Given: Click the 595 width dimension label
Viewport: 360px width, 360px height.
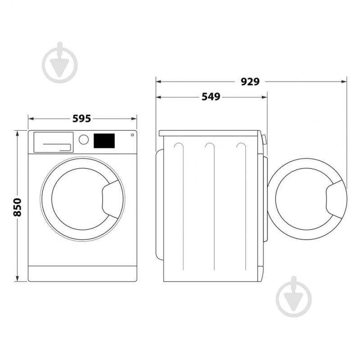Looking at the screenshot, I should pyautogui.click(x=82, y=118).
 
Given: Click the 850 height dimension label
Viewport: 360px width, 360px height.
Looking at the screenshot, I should pyautogui.click(x=18, y=207).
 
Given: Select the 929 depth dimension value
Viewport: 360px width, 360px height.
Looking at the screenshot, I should pyautogui.click(x=250, y=82).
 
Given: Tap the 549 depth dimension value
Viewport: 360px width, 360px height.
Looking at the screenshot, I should pyautogui.click(x=211, y=97).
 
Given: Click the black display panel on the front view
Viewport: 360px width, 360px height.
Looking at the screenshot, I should pyautogui.click(x=104, y=141).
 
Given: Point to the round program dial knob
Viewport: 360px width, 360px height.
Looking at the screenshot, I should pyautogui.click(x=84, y=139).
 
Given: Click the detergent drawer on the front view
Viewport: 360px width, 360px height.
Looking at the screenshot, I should pyautogui.click(x=53, y=142).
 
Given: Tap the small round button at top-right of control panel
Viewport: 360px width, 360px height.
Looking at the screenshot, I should pyautogui.click(x=132, y=135).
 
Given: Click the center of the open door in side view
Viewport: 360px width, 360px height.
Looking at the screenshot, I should pyautogui.click(x=302, y=198).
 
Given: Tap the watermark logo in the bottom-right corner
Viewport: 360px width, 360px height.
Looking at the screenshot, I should pyautogui.click(x=294, y=296).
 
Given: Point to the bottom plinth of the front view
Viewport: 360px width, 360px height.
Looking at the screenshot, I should pyautogui.click(x=82, y=273).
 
